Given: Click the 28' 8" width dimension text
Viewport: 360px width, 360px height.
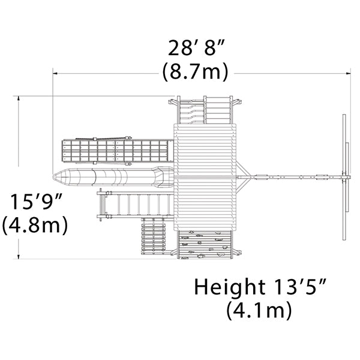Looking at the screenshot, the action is [196, 48].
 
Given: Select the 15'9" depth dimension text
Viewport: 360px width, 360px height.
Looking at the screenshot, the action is [37, 202].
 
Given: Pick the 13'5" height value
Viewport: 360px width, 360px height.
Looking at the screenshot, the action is [300, 286].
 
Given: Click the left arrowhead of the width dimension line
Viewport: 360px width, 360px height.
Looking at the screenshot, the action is [55, 73].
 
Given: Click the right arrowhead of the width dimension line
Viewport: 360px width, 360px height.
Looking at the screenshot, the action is [348, 73].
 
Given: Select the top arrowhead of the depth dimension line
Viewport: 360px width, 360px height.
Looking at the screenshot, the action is [19, 98].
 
